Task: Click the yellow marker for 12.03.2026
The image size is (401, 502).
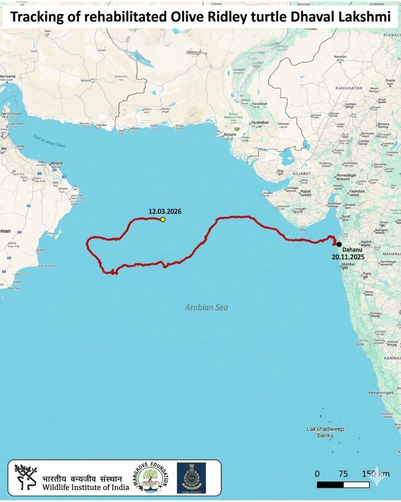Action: [163, 219]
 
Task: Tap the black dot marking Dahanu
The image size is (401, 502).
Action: [339, 245]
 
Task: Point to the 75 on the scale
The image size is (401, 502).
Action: [343, 474]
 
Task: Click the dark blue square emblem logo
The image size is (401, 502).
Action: [191, 478]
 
